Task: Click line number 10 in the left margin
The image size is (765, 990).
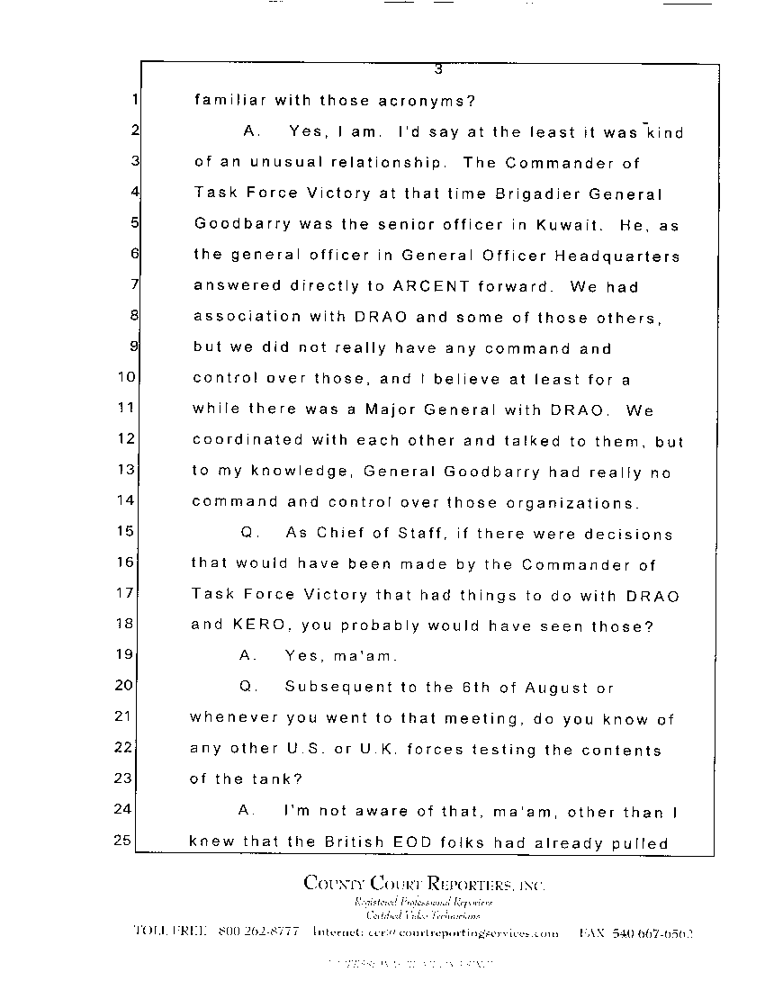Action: (126, 379)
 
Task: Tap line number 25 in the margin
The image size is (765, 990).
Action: (124, 841)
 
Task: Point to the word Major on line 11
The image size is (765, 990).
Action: (392, 409)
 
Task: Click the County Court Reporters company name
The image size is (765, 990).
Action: (424, 884)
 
